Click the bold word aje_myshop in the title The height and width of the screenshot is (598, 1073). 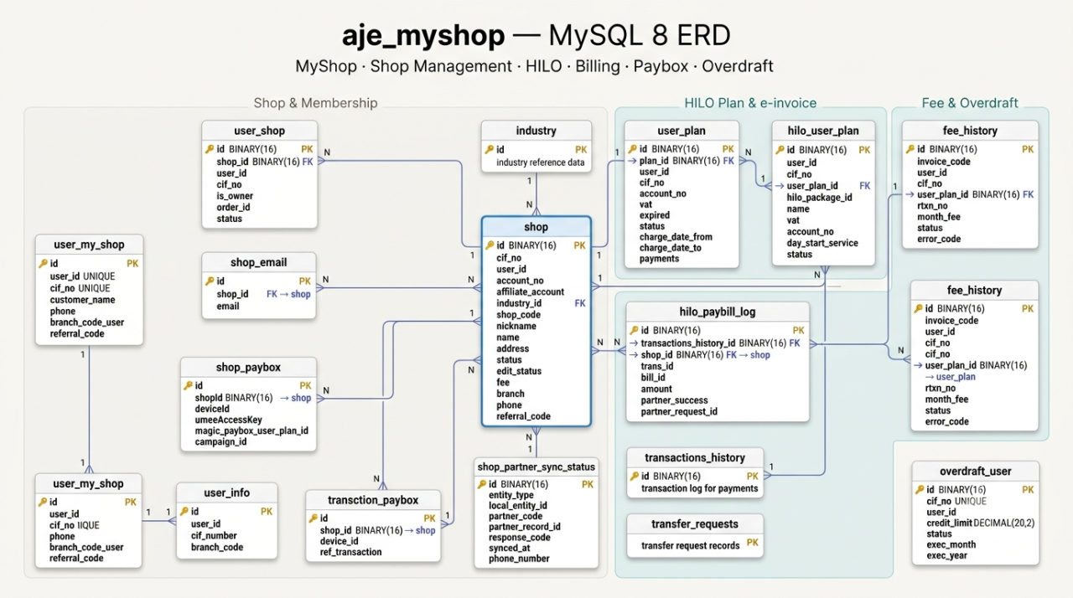(x=423, y=35)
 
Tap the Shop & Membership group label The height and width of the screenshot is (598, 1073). (x=315, y=103)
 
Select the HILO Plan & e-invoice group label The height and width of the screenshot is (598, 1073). (x=750, y=103)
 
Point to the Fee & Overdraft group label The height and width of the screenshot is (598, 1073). (x=970, y=103)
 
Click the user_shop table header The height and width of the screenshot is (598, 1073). (x=259, y=131)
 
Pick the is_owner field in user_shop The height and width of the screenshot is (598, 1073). (x=235, y=196)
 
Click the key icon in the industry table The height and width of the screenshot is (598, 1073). (x=489, y=150)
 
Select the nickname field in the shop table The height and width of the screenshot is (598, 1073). (x=516, y=326)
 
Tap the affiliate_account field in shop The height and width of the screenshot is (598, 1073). (x=531, y=291)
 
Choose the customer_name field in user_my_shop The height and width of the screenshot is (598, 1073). (x=82, y=300)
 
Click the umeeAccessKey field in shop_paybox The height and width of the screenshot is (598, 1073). (x=229, y=420)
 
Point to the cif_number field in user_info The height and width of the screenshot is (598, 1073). (x=214, y=535)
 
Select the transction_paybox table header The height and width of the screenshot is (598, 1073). (x=373, y=500)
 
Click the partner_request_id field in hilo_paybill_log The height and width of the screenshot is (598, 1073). (x=679, y=411)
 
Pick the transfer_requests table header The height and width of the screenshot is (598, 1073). (x=695, y=523)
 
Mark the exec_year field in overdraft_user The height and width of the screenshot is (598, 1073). (x=946, y=555)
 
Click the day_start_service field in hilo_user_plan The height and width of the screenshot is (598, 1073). (x=822, y=243)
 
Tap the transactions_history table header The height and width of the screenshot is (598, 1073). (x=695, y=458)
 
